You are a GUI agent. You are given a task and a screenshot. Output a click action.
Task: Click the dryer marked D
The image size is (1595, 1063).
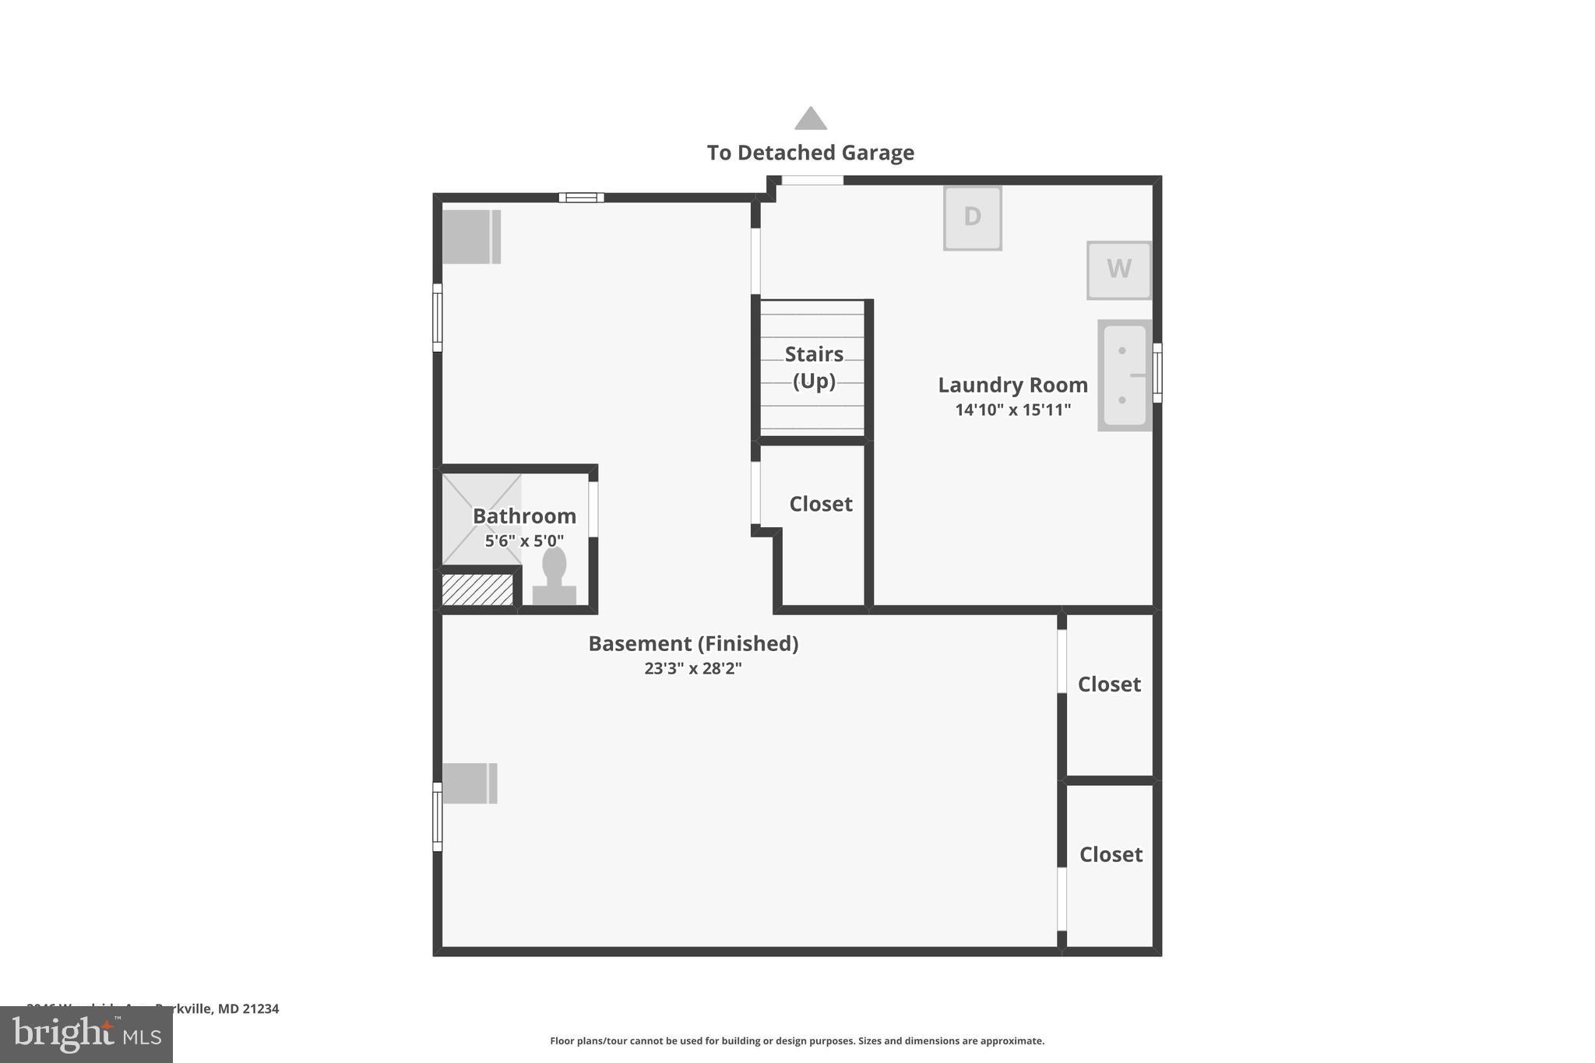pyautogui.click(x=972, y=218)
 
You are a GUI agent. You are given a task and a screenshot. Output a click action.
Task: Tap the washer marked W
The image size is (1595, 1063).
pyautogui.click(x=1118, y=269)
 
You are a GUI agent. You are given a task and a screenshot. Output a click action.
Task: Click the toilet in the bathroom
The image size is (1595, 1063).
pyautogui.click(x=554, y=576)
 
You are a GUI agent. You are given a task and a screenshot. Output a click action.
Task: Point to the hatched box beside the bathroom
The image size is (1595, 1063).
pyautogui.click(x=477, y=590)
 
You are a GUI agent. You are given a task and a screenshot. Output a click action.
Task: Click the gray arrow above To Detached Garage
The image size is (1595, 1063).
pyautogui.click(x=810, y=118)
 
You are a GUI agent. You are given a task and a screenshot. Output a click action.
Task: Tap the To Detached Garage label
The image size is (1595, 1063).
pyautogui.click(x=810, y=153)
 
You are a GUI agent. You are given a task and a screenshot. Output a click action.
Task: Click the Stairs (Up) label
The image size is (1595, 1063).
pyautogui.click(x=814, y=367)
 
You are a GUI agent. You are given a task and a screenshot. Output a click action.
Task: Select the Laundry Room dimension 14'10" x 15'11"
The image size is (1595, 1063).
pyautogui.click(x=1012, y=410)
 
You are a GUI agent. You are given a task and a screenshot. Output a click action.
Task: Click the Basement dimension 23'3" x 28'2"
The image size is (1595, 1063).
pyautogui.click(x=692, y=668)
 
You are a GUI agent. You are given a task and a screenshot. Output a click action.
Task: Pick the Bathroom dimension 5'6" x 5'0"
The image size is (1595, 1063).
pyautogui.click(x=524, y=540)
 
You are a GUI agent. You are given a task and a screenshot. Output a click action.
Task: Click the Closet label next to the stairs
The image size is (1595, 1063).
pyautogui.click(x=820, y=504)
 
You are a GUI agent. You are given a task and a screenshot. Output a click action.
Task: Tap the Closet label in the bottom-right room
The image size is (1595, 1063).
pyautogui.click(x=1111, y=854)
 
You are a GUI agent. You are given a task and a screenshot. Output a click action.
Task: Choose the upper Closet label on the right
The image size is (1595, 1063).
pyautogui.click(x=1109, y=684)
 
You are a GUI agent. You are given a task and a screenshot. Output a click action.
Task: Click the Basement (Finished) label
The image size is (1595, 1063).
pyautogui.click(x=692, y=643)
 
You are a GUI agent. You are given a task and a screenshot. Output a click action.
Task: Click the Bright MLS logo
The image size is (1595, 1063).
pyautogui.click(x=86, y=1034)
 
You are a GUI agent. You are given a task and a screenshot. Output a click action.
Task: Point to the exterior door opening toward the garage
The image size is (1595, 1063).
pyautogui.click(x=812, y=181)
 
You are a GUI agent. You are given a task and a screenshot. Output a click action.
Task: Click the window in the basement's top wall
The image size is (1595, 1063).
pyautogui.click(x=581, y=197)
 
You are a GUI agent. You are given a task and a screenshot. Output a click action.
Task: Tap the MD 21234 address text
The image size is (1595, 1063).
pyautogui.click(x=248, y=1008)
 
